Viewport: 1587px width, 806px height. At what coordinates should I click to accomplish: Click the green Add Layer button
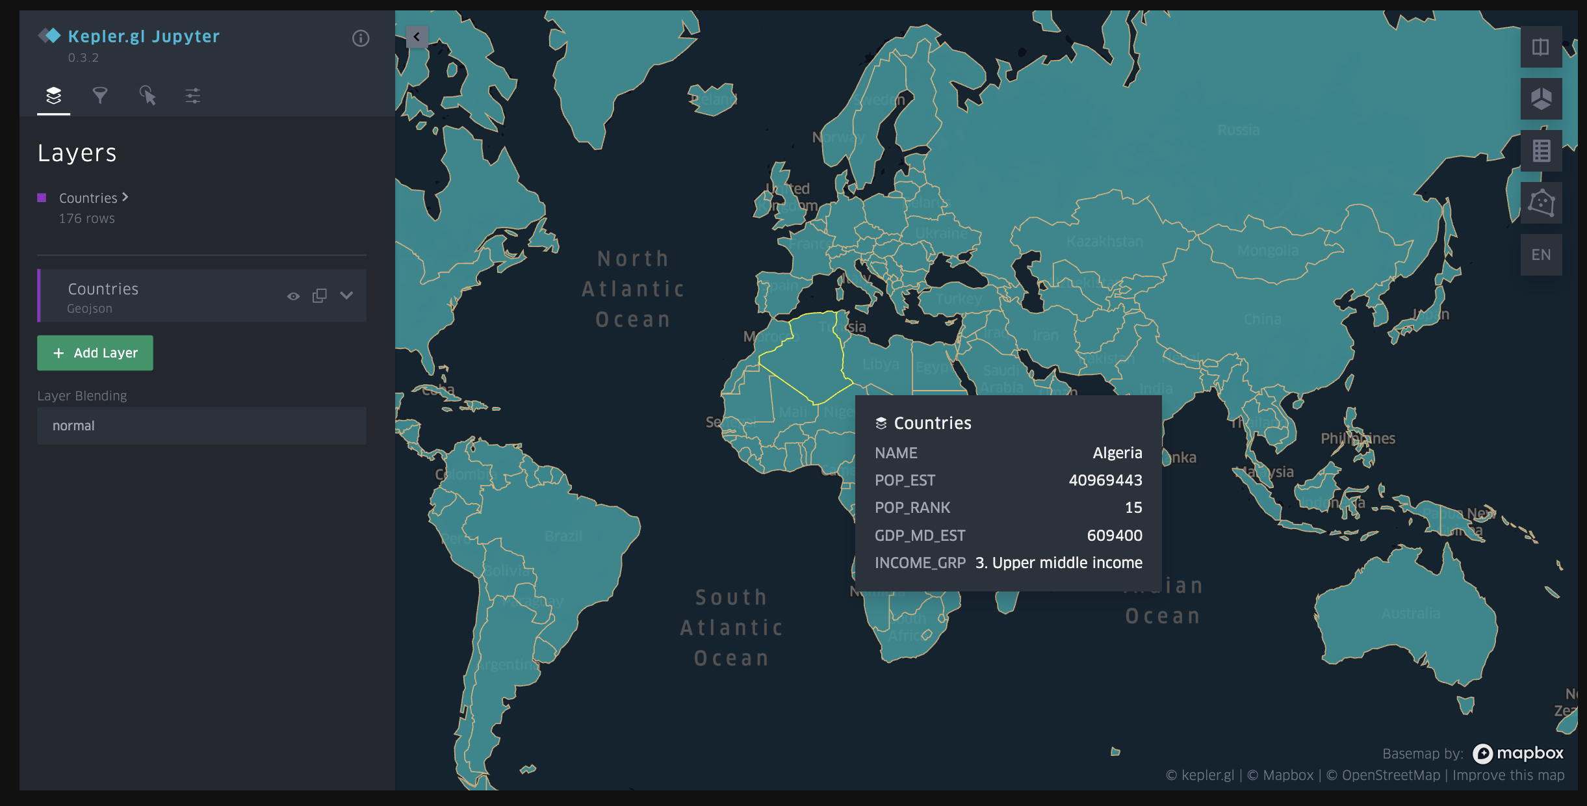95,353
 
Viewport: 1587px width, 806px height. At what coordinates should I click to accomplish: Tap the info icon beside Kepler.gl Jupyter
361,38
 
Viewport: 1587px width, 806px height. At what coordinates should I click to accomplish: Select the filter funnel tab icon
100,96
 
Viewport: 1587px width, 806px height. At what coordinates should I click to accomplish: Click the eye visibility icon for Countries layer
293,296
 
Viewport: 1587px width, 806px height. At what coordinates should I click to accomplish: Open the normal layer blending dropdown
201,426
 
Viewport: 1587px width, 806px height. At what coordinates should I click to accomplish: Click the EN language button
1541,255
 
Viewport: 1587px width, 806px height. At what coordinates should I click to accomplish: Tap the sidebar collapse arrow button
417,37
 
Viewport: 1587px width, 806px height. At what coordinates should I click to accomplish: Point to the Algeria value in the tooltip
1117,452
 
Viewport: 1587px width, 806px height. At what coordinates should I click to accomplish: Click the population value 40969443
1105,480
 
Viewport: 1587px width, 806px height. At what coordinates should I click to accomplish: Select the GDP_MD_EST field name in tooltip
920,535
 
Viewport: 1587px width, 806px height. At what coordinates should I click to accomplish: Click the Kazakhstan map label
1104,242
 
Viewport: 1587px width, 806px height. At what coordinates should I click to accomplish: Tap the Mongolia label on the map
1267,251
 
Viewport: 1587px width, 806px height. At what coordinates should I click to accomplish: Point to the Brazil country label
563,536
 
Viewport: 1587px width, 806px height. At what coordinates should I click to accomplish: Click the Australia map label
1410,614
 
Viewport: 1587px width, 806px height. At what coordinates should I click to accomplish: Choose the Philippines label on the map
1358,438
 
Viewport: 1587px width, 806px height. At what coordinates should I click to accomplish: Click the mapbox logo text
1529,753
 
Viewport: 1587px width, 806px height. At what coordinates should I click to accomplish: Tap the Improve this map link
1508,775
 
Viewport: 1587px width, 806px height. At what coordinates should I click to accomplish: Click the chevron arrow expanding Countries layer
346,296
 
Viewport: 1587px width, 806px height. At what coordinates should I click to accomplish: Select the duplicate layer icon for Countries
319,296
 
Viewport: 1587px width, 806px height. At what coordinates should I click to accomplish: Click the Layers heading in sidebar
77,153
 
